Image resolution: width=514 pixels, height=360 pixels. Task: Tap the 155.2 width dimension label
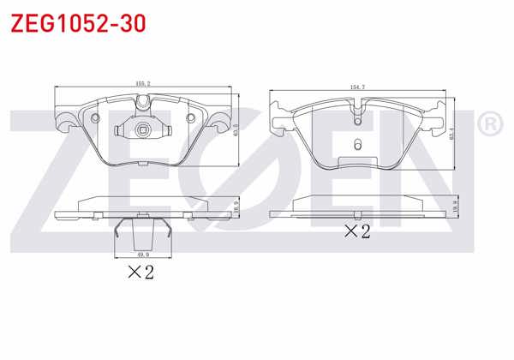coord(142,83)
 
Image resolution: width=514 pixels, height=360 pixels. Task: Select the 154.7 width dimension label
coord(358,87)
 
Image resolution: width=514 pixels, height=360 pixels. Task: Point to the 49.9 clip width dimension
coord(143,254)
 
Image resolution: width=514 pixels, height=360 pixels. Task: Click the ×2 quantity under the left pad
coord(140,273)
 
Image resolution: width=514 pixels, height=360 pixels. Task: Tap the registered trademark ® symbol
coord(489,125)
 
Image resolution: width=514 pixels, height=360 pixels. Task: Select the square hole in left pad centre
coord(144,131)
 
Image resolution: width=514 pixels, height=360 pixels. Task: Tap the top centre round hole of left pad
coord(144,105)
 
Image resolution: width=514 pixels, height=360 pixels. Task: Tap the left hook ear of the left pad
coord(63,121)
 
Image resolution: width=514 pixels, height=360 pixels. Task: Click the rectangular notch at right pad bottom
coord(358,160)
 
